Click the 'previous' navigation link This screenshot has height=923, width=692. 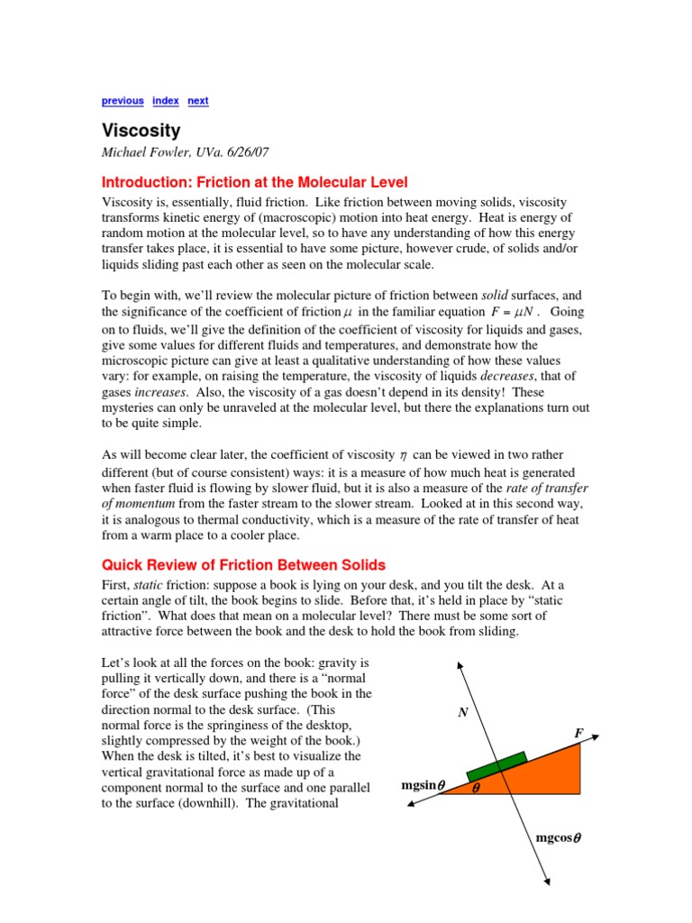tap(122, 101)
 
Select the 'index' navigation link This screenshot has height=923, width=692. tap(166, 101)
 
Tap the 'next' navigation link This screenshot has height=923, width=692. tap(198, 101)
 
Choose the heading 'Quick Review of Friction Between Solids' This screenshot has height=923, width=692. tap(242, 565)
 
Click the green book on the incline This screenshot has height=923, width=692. tap(496, 765)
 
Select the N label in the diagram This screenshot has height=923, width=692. tap(463, 713)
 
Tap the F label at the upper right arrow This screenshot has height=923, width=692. tap(578, 734)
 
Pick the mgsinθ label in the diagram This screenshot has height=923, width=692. tap(423, 786)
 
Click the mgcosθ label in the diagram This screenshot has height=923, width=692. tap(559, 838)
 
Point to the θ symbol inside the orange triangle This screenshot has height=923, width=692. tap(477, 787)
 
